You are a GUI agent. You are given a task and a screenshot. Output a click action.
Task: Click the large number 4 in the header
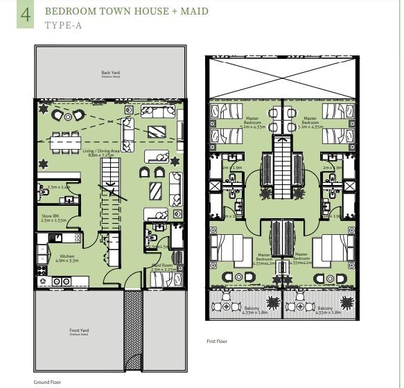click(25, 15)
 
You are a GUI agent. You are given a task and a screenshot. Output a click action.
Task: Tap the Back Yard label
click(110, 73)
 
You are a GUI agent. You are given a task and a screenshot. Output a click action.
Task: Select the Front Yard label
click(80, 332)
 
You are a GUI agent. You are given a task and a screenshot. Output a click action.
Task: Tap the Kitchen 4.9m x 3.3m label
click(67, 258)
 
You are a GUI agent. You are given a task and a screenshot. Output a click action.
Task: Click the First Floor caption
click(217, 342)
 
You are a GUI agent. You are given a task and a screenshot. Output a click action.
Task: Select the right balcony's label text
click(327, 312)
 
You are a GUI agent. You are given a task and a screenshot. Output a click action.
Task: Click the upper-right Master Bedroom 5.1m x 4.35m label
click(309, 122)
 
